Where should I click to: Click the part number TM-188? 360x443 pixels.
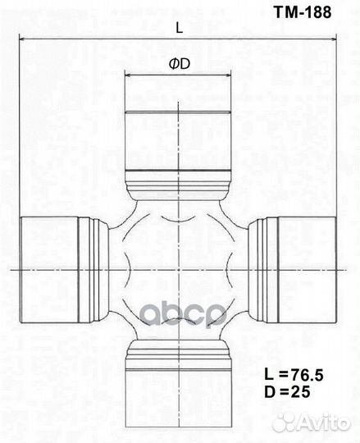click(x=303, y=12)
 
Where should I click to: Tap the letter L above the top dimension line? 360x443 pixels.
click(x=180, y=28)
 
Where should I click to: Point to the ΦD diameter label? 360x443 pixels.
click(x=180, y=65)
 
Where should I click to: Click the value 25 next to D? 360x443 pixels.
click(x=301, y=392)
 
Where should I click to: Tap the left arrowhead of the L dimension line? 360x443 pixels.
click(x=22, y=38)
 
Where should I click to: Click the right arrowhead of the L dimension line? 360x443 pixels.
click(x=333, y=38)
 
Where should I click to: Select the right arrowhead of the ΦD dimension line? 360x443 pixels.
click(x=228, y=75)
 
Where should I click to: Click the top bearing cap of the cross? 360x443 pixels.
click(x=179, y=141)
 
